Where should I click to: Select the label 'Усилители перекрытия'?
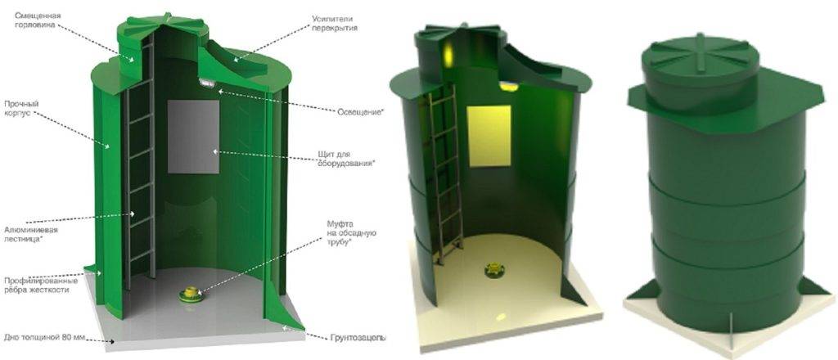tap(335, 24)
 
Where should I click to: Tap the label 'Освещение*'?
tap(361, 112)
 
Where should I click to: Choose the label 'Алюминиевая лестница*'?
tap(30, 234)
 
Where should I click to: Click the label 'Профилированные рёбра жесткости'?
tap(42, 285)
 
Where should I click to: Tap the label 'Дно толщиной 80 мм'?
tap(45, 338)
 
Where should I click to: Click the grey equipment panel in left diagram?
tap(193, 137)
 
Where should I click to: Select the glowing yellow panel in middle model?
tap(489, 136)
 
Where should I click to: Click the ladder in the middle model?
tap(444, 176)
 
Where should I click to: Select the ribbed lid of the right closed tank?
tap(701, 56)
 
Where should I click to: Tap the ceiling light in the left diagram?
tap(207, 83)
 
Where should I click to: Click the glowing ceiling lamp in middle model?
tap(509, 85)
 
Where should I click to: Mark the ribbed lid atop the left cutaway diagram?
tap(163, 25)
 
